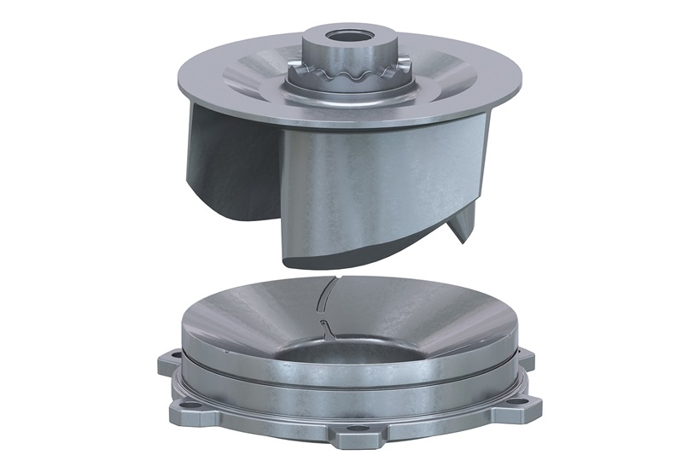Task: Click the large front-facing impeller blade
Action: click(x=376, y=188)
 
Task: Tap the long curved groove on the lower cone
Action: click(x=325, y=295)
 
